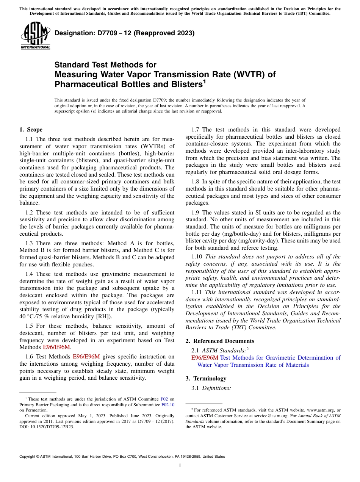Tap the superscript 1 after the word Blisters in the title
pos(204,81)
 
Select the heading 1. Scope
pos(31,130)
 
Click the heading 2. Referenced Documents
pos(220,341)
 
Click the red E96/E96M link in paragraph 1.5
pos(56,347)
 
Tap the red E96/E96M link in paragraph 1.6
pos(86,357)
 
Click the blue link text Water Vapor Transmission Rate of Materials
pos(253,365)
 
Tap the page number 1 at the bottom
pos(180,466)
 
